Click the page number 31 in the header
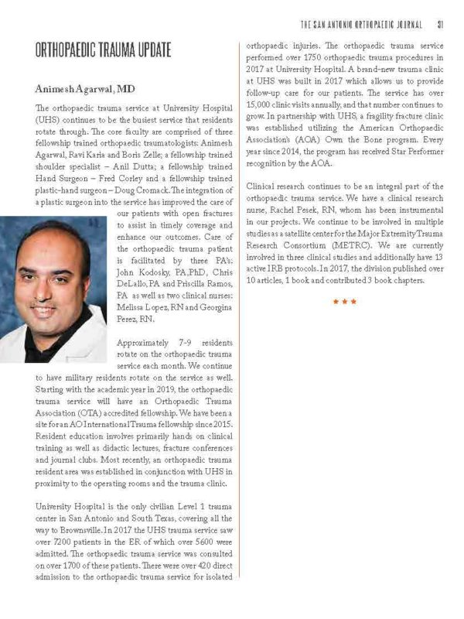point(439,22)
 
